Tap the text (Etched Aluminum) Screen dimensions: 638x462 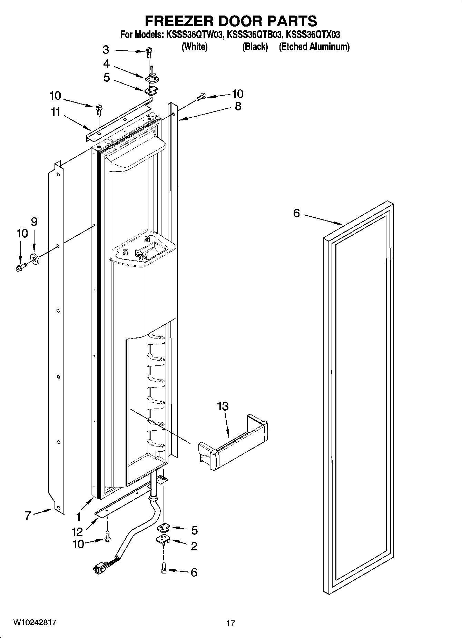(314, 47)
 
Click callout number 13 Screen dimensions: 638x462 (223, 406)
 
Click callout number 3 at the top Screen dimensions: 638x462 (106, 50)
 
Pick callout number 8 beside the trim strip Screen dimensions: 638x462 (238, 106)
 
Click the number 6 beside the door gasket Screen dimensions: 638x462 (296, 213)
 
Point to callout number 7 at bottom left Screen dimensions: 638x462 (28, 516)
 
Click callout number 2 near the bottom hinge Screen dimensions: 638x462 (194, 546)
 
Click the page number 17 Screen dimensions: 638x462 (230, 623)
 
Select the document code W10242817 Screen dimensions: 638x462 (35, 622)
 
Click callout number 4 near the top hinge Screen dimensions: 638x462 (106, 64)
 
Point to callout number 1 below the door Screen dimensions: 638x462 (79, 517)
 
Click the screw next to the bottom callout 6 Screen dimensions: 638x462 (164, 571)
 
